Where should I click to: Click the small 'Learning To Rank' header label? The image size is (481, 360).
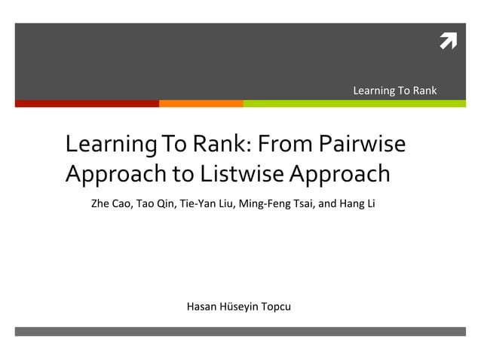[x=394, y=91]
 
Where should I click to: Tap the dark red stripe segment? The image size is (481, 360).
[x=87, y=103]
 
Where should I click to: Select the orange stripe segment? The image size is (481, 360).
[x=201, y=103]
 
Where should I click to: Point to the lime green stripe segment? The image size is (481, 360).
[x=354, y=103]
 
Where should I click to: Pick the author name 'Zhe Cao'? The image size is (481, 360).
[x=111, y=203]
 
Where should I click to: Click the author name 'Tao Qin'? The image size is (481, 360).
[x=155, y=203]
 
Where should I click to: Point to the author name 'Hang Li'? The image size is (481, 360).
[x=357, y=203]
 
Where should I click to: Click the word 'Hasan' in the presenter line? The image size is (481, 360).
[x=201, y=307]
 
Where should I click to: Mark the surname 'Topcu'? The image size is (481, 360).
[x=275, y=307]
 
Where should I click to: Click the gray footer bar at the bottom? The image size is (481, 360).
[x=240, y=331]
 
